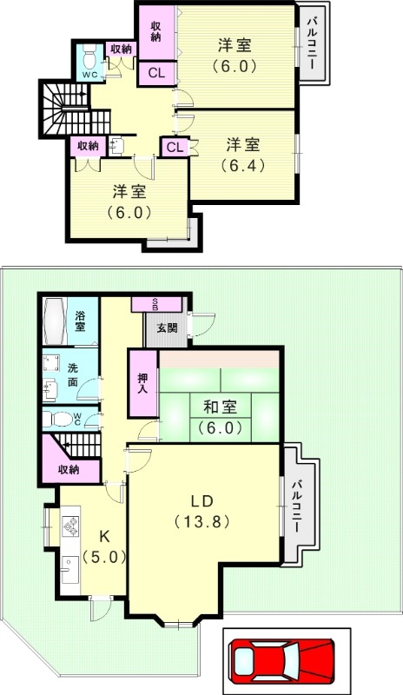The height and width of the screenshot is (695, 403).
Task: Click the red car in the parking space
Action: [x=281, y=662]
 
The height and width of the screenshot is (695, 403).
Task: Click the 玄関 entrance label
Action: [x=167, y=328]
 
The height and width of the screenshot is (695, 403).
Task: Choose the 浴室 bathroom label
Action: [x=81, y=321]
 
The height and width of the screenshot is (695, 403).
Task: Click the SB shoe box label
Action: [x=155, y=303]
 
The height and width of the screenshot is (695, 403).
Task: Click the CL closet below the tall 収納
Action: [x=156, y=74]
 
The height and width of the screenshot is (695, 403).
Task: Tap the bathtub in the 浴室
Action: [x=54, y=321]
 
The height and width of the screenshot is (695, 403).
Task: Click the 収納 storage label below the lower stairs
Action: [x=69, y=469]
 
